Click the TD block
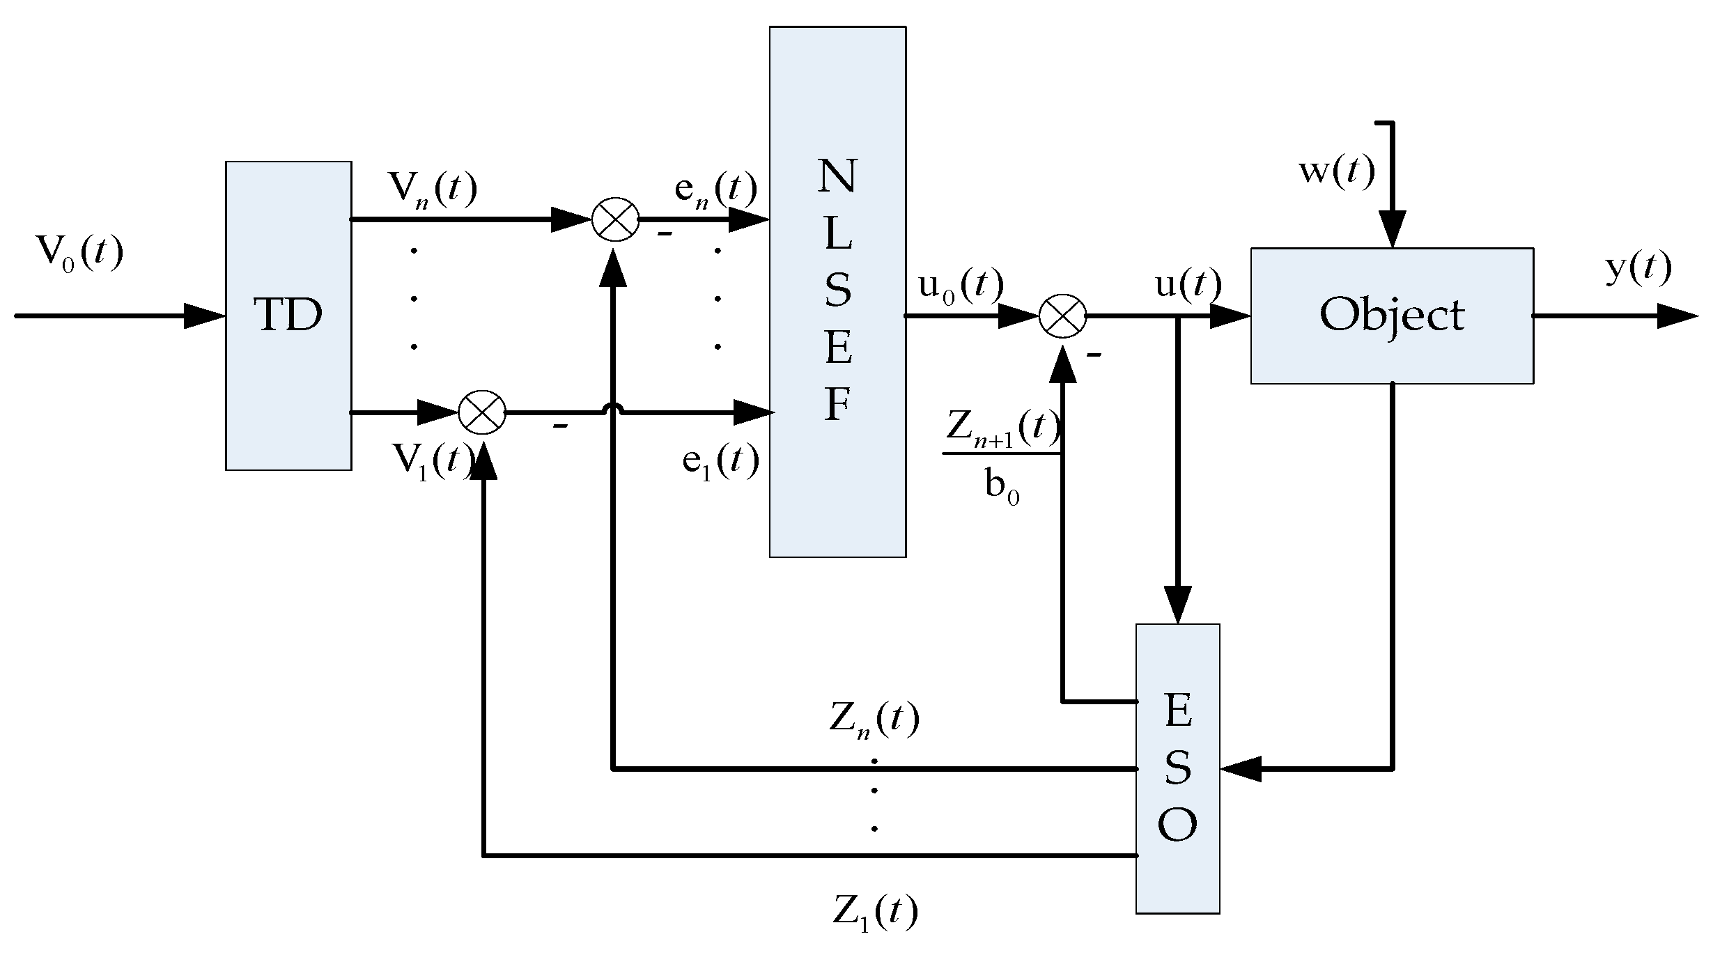288,316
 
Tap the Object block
1391,316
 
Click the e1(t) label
720,461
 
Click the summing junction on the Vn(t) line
615,219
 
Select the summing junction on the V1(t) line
482,412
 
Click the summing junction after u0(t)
1062,316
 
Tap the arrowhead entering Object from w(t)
1391,229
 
